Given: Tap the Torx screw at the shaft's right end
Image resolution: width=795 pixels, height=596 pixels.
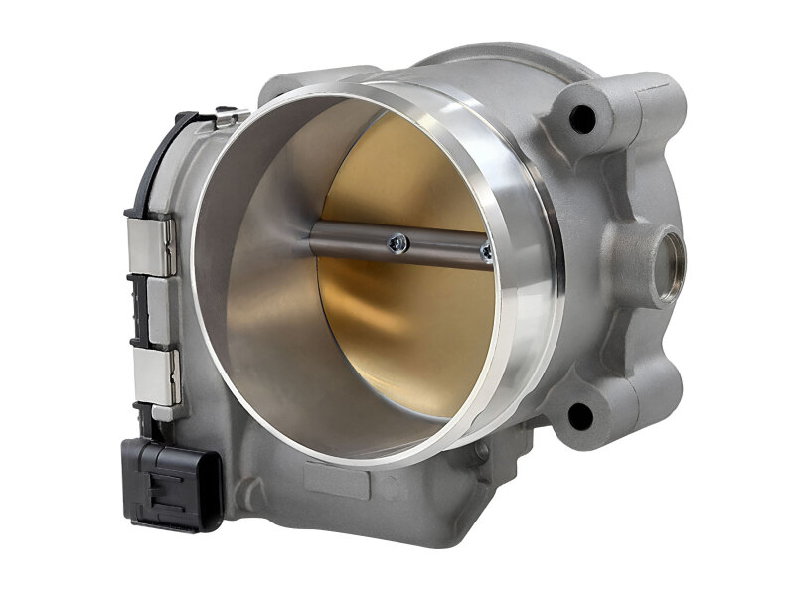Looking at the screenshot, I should coord(486,252).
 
